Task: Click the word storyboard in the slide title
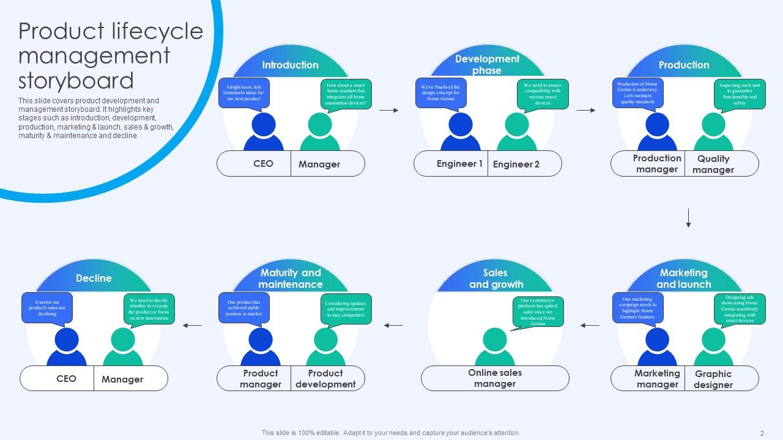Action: [76, 81]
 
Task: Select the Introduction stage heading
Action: [290, 65]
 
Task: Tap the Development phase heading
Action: [487, 64]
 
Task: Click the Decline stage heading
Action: [94, 278]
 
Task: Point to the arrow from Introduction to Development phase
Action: [388, 110]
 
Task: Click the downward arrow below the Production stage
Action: [688, 218]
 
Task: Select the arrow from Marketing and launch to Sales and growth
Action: [590, 325]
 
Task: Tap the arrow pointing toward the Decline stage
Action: [192, 325]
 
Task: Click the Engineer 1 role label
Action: [459, 164]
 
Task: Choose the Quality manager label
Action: [713, 164]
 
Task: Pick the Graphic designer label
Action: [713, 380]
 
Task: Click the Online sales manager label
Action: [495, 378]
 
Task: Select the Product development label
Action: [325, 379]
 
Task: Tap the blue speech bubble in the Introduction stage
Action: [243, 94]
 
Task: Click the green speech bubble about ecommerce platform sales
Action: [538, 312]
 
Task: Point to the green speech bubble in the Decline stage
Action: [149, 309]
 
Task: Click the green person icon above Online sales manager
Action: [495, 346]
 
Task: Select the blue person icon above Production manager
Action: [657, 131]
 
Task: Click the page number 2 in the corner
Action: [762, 433]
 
